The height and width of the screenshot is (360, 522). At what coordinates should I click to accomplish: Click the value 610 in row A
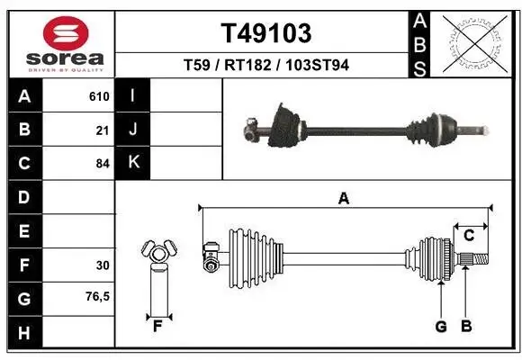coord(98,96)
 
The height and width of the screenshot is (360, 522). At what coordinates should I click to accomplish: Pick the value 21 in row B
coord(102,130)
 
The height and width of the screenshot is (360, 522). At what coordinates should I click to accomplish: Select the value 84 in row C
coord(102,164)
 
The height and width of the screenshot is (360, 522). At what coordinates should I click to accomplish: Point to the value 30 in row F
coord(102,265)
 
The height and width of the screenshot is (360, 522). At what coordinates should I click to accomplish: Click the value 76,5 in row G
coord(98,296)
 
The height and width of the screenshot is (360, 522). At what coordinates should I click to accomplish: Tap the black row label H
coord(23,333)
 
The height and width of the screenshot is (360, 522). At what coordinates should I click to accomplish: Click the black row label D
coord(23,197)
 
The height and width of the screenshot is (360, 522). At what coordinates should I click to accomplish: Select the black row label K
coord(133,163)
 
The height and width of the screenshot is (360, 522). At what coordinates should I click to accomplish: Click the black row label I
coord(133,95)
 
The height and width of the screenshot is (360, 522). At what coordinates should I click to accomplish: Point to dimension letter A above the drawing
coord(343,199)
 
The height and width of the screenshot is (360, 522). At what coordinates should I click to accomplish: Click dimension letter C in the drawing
coord(468,236)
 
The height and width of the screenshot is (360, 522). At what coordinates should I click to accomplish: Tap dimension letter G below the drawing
coord(441,327)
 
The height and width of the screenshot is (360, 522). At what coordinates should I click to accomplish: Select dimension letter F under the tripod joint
coord(157,327)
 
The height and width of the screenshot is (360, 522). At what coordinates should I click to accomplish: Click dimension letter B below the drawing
coord(465,327)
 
